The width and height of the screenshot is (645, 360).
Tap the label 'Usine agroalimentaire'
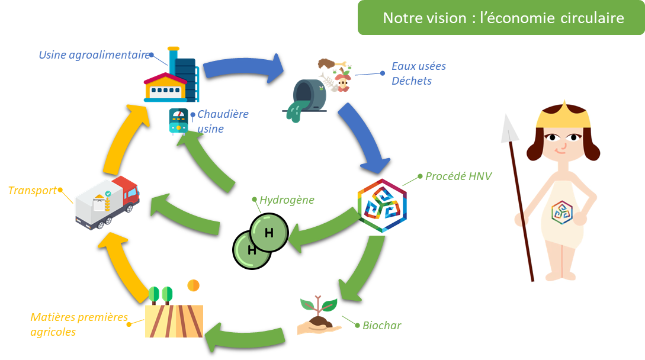[x=94, y=55]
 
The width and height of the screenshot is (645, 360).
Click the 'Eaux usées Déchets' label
[x=418, y=73]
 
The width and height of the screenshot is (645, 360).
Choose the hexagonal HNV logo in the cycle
[x=382, y=206]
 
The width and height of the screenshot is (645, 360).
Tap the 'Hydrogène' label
[x=287, y=200]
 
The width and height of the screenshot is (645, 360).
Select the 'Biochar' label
[x=381, y=326]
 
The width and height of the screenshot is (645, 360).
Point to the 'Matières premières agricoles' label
[x=79, y=324]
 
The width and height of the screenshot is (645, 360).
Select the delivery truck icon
[x=107, y=201]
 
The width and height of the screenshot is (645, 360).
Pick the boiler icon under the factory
[x=178, y=121]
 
